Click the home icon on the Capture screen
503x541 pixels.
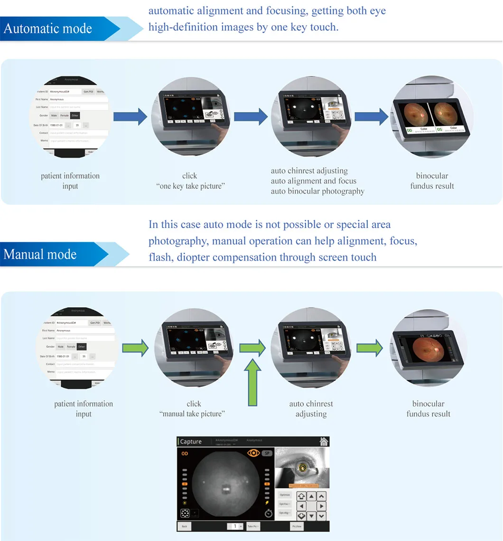[324, 441]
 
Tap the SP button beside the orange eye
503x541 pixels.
[267, 453]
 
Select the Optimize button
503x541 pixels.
[285, 495]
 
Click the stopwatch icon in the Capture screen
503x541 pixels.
[268, 513]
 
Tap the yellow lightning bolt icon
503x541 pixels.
[268, 503]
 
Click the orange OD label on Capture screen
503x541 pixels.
[184, 454]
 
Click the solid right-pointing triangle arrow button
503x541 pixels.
[322, 506]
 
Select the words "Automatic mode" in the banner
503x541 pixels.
[47, 28]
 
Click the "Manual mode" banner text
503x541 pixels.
[40, 255]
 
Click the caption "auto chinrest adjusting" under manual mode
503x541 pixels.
[311, 409]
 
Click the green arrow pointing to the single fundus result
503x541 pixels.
[369, 348]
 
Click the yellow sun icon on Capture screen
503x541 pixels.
[185, 503]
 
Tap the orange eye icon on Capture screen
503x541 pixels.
[253, 453]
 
